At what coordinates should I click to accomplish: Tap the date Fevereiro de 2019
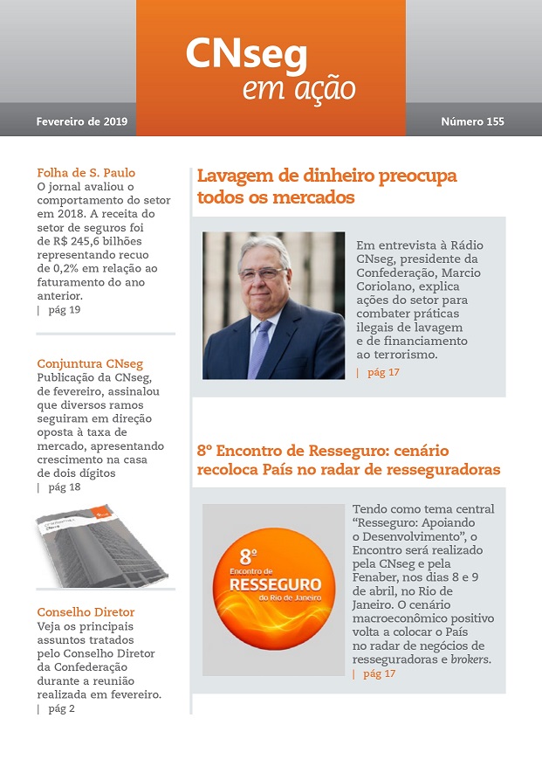click(82, 121)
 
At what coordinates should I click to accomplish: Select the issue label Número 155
click(472, 121)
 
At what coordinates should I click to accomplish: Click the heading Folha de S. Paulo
click(86, 172)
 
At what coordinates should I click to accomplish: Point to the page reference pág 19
click(64, 310)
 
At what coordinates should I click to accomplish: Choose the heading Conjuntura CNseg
click(90, 363)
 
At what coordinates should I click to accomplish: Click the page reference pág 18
click(64, 487)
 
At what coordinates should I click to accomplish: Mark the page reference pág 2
click(61, 708)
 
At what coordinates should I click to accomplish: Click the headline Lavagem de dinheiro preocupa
click(326, 176)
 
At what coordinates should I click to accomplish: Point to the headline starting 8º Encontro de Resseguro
click(322, 452)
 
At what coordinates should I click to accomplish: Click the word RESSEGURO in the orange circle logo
click(273, 583)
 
